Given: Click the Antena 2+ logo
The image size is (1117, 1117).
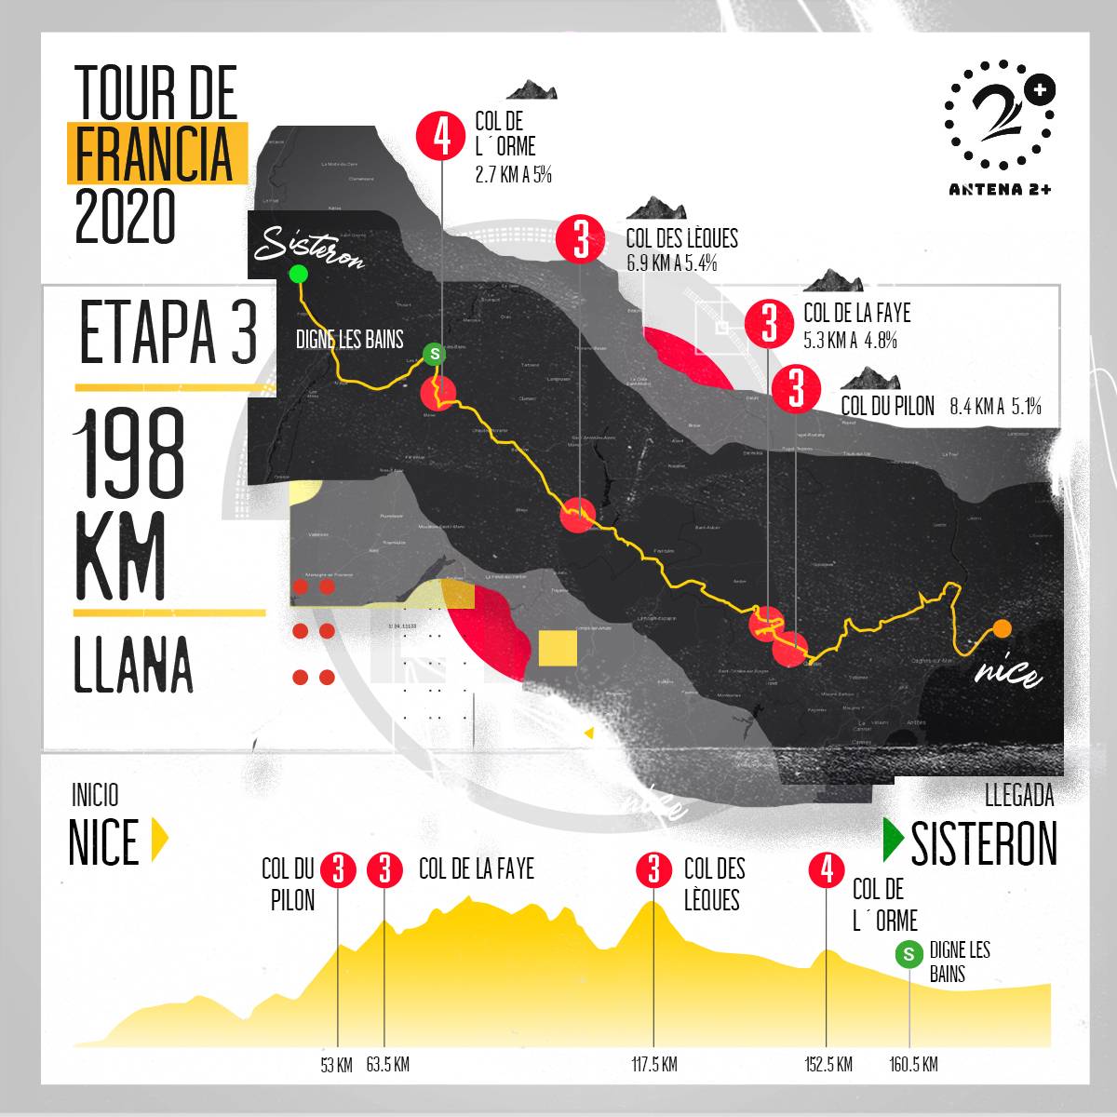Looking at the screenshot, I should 1001,126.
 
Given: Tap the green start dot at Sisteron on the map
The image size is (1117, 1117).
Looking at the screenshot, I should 298,274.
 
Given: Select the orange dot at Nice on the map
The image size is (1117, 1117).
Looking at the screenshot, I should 1002,628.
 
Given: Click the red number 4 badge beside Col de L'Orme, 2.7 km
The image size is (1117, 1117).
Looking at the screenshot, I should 441,137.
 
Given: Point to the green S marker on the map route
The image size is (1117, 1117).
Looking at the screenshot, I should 434,354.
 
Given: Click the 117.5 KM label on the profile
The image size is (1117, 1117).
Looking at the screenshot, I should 653,1065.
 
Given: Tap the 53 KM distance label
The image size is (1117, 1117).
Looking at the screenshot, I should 336,1065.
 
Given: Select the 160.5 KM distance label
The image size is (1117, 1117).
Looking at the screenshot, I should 913,1065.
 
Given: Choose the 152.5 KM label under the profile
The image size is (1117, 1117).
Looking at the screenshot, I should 828,1065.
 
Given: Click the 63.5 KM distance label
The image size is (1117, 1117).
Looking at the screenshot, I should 387,1065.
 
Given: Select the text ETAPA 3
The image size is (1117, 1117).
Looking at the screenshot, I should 168,333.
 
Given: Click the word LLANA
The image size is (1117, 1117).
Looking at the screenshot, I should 133,665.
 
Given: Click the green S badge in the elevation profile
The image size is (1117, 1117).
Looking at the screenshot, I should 908,954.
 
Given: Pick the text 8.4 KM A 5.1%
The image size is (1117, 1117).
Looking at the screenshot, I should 995,407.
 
